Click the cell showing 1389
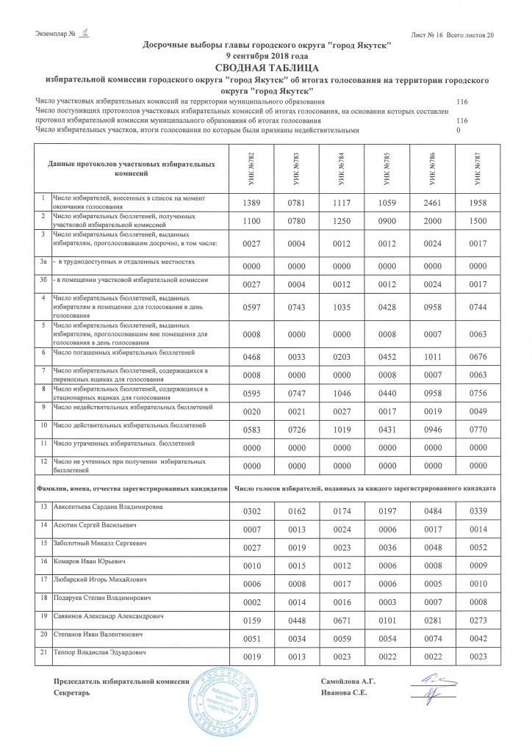tap(252, 202)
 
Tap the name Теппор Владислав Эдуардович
tap(102, 652)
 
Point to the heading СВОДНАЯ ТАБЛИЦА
tap(266, 68)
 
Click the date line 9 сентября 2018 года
tap(266, 57)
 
